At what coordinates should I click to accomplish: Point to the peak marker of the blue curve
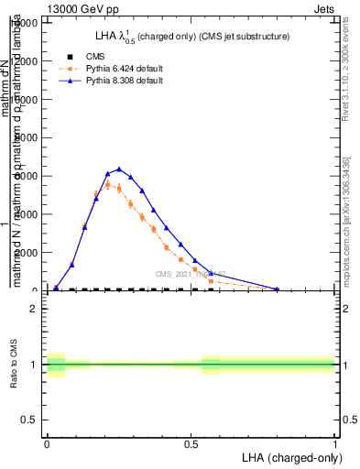click(x=118, y=169)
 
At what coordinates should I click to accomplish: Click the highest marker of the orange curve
click(x=107, y=185)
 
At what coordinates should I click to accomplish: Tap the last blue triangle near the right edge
click(x=277, y=289)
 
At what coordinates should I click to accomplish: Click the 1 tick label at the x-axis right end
click(x=335, y=442)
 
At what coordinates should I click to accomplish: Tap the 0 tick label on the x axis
click(x=47, y=442)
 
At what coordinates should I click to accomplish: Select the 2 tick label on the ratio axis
click(x=33, y=309)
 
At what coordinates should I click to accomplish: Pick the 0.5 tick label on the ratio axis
click(x=29, y=420)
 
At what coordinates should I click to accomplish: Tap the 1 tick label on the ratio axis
click(x=33, y=365)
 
